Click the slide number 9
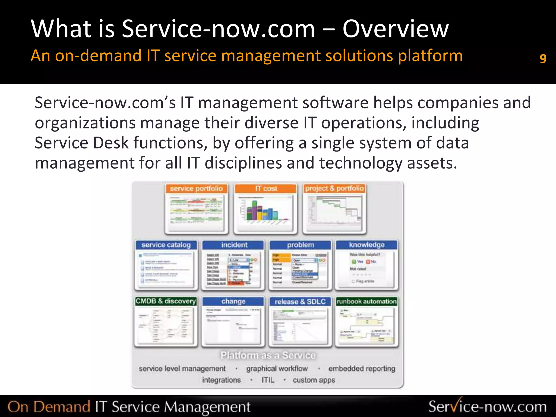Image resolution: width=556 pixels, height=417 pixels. pyautogui.click(x=543, y=58)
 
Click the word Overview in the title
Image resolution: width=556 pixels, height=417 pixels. pyautogui.click(x=395, y=29)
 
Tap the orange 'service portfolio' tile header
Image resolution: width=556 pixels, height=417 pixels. pyautogui.click(x=196, y=189)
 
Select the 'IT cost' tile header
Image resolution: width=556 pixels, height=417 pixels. pyautogui.click(x=266, y=188)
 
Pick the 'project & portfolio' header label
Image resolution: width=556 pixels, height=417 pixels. pyautogui.click(x=334, y=188)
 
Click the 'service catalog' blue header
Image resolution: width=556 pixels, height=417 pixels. pyautogui.click(x=166, y=245)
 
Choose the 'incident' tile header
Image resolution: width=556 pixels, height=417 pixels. pyautogui.click(x=234, y=245)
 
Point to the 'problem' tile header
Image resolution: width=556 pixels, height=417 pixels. pyautogui.click(x=300, y=245)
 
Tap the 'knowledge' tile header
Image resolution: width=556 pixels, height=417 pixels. pyautogui.click(x=367, y=245)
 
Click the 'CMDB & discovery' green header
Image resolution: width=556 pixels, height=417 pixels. pyautogui.click(x=166, y=301)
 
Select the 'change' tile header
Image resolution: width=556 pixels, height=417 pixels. pyautogui.click(x=233, y=301)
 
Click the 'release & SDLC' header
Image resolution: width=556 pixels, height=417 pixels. pyautogui.click(x=300, y=302)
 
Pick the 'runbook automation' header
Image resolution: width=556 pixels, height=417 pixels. pyautogui.click(x=367, y=301)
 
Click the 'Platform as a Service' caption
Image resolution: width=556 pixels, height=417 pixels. pyautogui.click(x=268, y=355)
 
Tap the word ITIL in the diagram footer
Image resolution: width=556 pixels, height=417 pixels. pyautogui.click(x=268, y=380)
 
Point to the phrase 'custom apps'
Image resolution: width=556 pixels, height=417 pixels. pyautogui.click(x=314, y=380)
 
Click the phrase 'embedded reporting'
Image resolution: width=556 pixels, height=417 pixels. pyautogui.click(x=362, y=368)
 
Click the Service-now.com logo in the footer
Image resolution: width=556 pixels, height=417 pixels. pyautogui.click(x=487, y=406)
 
